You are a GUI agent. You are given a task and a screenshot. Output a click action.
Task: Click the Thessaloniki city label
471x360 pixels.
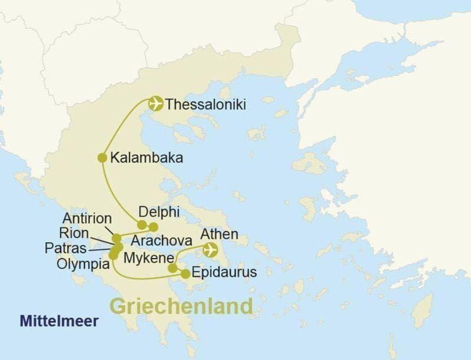[205, 105]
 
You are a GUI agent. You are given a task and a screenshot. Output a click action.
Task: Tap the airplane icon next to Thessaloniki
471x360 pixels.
[156, 104]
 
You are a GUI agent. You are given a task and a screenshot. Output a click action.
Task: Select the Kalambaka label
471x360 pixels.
[146, 158]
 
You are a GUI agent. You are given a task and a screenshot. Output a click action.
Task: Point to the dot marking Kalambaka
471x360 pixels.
[102, 157]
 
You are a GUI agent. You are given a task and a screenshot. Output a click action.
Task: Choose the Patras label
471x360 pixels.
[66, 248]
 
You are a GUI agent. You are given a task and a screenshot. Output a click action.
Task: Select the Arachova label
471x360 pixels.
[162, 242]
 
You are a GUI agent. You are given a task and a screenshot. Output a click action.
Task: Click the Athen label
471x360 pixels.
[219, 235]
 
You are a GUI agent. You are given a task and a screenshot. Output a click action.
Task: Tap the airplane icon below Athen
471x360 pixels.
[209, 250]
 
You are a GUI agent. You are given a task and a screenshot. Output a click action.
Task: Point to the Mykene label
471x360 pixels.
[148, 257]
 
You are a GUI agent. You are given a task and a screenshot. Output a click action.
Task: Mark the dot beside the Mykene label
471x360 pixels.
[173, 268]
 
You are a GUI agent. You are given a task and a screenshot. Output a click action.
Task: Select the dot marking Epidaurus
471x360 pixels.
[185, 273]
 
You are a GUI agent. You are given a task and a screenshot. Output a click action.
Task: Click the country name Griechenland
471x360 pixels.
[181, 306]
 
